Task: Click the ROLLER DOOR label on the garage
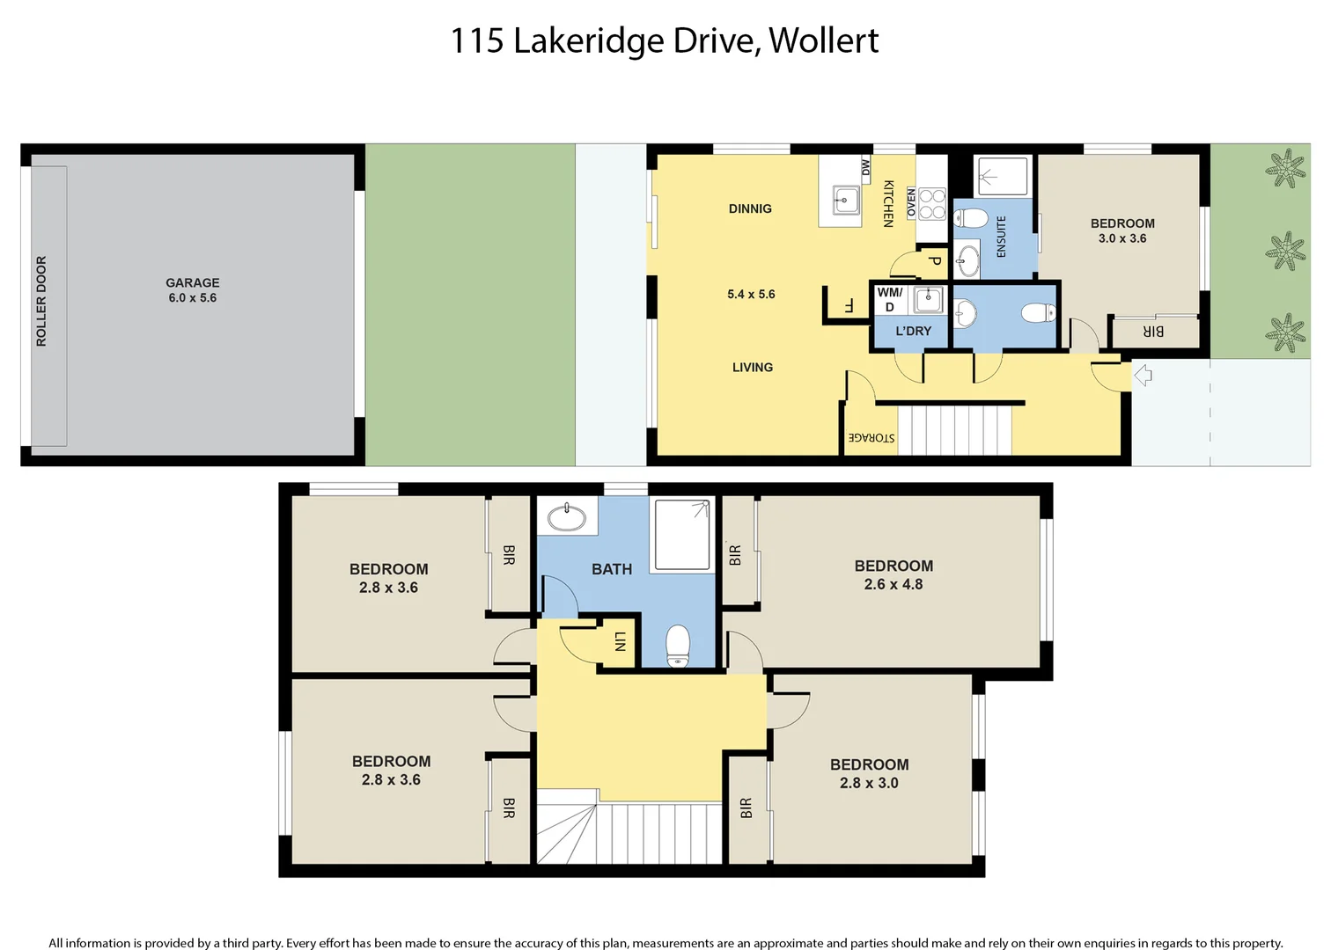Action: tap(41, 301)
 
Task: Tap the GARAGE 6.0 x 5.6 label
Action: tap(193, 290)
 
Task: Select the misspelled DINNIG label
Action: tap(750, 208)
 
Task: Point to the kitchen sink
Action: tap(845, 201)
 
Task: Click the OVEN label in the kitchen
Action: tap(911, 202)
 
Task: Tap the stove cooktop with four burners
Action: tap(932, 203)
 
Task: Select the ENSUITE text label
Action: tap(1001, 237)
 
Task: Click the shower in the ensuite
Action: tap(1003, 176)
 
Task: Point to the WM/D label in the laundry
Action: tap(890, 299)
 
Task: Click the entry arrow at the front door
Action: tap(1143, 376)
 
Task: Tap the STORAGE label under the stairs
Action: tap(871, 437)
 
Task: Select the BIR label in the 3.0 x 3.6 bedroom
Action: tap(1153, 332)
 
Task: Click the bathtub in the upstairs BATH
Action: tap(567, 517)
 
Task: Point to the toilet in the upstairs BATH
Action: tap(678, 647)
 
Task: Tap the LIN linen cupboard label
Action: tap(620, 641)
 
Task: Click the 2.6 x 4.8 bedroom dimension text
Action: tap(893, 584)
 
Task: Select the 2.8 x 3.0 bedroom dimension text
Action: tap(869, 783)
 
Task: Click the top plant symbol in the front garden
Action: tap(1285, 168)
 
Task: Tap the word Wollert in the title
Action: tap(823, 40)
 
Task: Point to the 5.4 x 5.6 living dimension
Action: tap(751, 294)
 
